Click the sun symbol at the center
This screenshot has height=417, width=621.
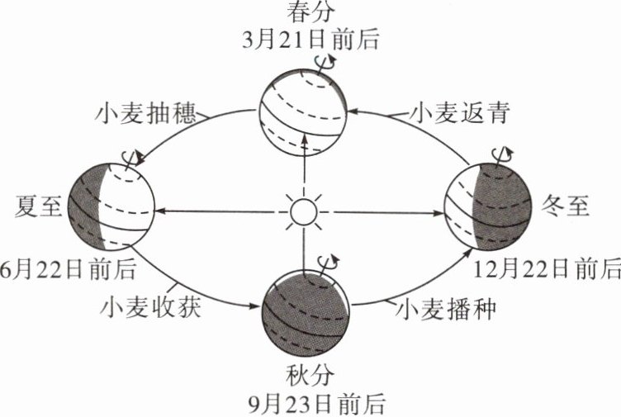303,211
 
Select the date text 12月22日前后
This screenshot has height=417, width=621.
548,270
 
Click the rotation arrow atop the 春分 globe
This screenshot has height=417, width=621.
326,60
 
